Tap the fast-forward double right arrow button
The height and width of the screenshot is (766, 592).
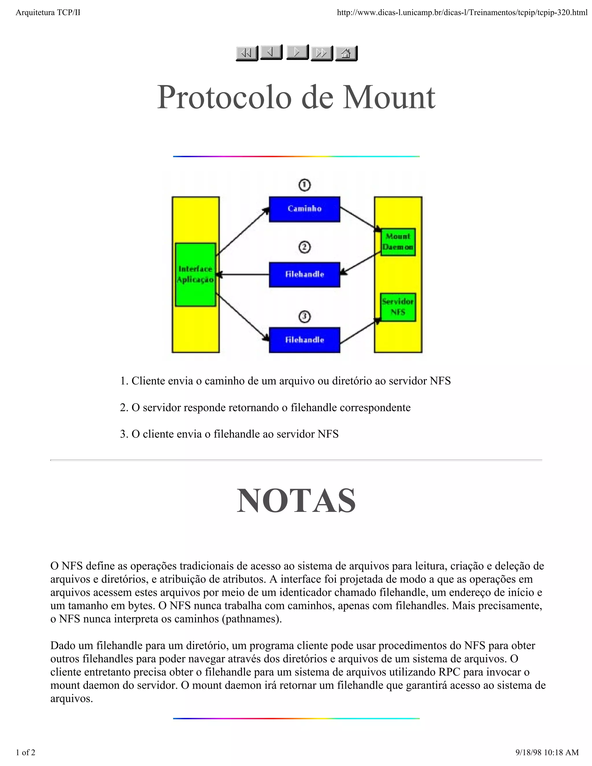click(x=322, y=53)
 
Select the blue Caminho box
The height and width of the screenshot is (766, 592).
click(x=304, y=209)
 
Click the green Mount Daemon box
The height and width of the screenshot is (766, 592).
click(x=398, y=242)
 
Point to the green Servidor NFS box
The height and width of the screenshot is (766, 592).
click(x=398, y=307)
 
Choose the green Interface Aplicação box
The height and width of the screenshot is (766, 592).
click(x=195, y=274)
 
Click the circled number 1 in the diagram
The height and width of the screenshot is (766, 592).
click(x=304, y=185)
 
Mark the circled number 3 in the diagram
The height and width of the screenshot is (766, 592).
click(x=304, y=317)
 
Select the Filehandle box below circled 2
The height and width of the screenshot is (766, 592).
click(x=304, y=275)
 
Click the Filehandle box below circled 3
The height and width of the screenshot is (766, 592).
click(x=304, y=340)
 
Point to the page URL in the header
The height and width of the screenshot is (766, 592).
click(x=462, y=13)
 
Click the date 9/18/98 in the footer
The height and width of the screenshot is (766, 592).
click(x=528, y=752)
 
